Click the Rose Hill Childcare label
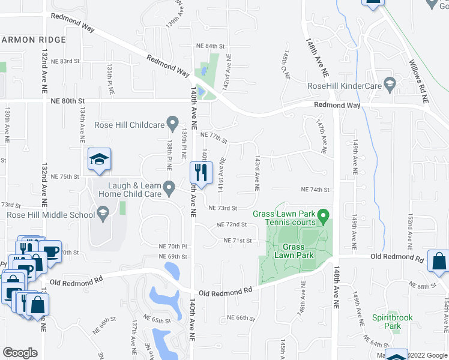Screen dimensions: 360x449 pyautogui.click(x=129, y=125)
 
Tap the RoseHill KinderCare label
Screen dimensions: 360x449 pyautogui.click(x=345, y=86)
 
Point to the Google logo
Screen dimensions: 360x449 pyautogui.click(x=20, y=353)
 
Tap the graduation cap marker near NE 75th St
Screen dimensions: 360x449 pyautogui.click(x=99, y=159)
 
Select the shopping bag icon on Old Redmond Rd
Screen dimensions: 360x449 pyautogui.click(x=439, y=262)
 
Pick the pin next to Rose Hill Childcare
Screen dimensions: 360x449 pyautogui.click(x=173, y=125)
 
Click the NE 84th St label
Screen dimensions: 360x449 pyautogui.click(x=210, y=46)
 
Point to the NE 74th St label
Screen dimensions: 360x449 pyautogui.click(x=315, y=190)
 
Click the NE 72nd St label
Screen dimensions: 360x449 pyautogui.click(x=232, y=224)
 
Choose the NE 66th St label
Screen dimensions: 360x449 pyautogui.click(x=241, y=317)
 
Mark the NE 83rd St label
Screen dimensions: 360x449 pyautogui.click(x=65, y=61)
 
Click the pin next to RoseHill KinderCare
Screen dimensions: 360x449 pyautogui.click(x=390, y=83)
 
